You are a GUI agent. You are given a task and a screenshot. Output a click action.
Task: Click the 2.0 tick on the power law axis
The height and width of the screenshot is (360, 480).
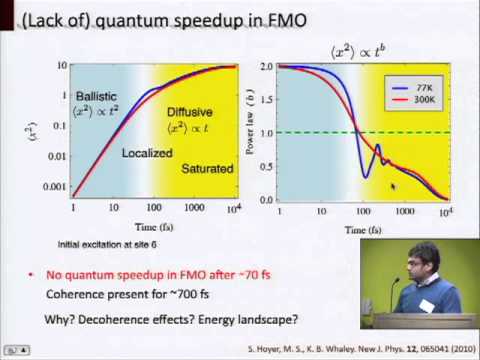[266, 66]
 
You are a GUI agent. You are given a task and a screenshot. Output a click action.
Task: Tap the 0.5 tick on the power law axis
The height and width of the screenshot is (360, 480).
[266, 167]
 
